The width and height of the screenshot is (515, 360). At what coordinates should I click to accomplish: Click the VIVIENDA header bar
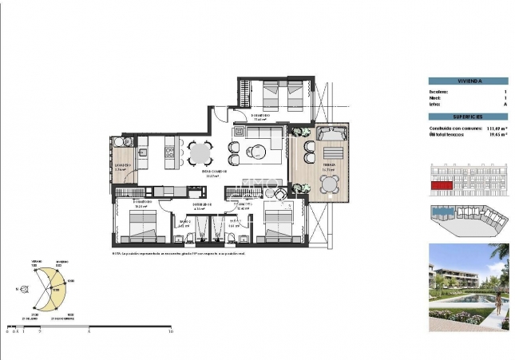[x=467, y=81]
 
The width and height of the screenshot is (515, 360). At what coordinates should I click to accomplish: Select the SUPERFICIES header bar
[x=467, y=117]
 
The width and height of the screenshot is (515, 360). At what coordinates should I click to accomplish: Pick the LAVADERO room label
[x=122, y=165]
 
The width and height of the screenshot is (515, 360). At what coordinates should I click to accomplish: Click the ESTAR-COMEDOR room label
[x=214, y=171]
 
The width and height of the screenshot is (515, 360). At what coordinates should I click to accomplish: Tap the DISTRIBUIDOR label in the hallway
[x=199, y=205]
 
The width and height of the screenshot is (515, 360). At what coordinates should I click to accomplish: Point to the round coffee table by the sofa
[x=257, y=150]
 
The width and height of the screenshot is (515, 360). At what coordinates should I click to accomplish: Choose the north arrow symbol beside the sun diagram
[x=18, y=290]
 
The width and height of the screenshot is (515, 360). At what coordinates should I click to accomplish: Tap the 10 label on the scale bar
[x=171, y=331]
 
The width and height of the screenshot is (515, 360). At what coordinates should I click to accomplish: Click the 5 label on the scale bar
[x=89, y=331]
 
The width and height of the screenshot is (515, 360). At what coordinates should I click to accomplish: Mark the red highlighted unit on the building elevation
[x=441, y=185]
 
